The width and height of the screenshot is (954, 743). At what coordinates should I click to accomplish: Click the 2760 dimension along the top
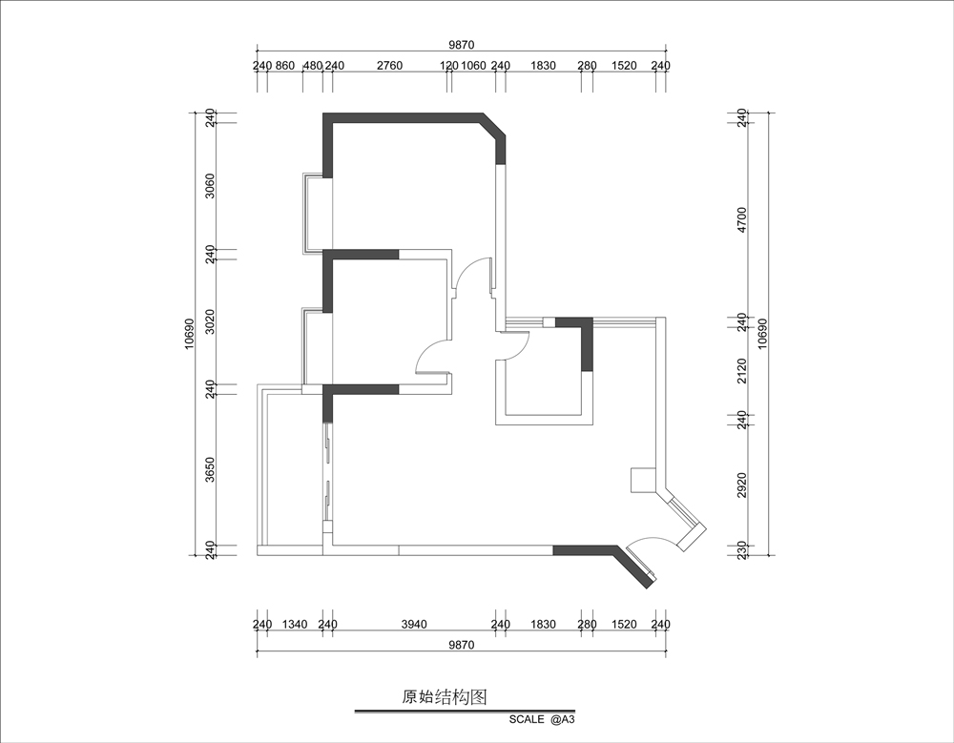[389, 66]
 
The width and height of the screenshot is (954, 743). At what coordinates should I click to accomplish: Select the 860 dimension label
[284, 66]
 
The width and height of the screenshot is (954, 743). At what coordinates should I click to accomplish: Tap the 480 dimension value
[313, 66]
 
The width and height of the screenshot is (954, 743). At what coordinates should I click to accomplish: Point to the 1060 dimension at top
[474, 66]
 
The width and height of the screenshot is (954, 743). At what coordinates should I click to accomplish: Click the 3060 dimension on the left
[210, 186]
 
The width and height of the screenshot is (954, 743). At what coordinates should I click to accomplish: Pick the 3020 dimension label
[210, 321]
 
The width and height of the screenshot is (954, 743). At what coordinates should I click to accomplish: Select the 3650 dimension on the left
[210, 470]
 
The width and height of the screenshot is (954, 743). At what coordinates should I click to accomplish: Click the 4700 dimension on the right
[741, 219]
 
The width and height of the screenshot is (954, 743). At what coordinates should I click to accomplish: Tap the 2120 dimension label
[741, 371]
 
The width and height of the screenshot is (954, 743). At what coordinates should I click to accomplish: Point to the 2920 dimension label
[741, 485]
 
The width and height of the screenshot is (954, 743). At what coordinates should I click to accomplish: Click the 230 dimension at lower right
[741, 550]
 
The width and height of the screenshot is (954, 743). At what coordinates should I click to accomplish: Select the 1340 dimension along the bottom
[295, 625]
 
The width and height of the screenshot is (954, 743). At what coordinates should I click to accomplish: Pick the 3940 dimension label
[414, 625]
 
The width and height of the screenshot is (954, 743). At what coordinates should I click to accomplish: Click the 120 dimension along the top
[449, 66]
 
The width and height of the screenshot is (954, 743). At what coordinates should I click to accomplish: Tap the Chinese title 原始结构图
[445, 697]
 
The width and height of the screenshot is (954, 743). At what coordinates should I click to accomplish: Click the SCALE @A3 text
[542, 719]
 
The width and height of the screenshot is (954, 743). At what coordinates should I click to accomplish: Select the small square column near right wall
[642, 480]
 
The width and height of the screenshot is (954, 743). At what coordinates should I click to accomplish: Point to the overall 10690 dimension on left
[189, 334]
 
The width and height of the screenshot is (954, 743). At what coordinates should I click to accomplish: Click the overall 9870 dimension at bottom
[461, 645]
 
